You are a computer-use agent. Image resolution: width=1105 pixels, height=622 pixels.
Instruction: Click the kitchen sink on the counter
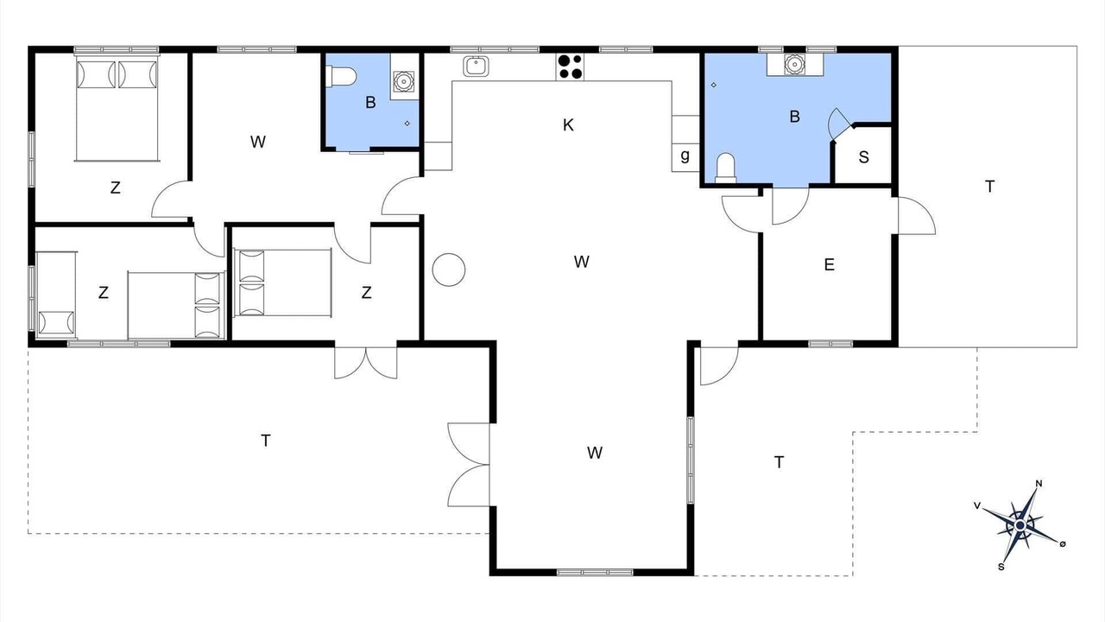click(x=476, y=67)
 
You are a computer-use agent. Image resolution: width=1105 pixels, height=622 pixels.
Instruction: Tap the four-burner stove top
click(x=570, y=67)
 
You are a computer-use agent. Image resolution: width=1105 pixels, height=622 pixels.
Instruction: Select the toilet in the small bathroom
click(x=341, y=76)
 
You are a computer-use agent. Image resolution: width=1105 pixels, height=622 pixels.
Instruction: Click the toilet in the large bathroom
click(x=726, y=168)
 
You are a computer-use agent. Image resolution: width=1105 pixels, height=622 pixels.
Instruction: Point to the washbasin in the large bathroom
click(x=795, y=64)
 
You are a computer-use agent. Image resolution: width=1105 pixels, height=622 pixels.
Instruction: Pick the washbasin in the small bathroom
click(x=404, y=81)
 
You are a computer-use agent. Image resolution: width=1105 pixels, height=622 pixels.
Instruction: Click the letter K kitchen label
click(x=568, y=125)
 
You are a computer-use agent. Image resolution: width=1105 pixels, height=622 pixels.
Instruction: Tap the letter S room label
click(x=863, y=157)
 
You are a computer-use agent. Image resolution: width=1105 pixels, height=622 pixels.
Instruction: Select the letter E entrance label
click(x=830, y=264)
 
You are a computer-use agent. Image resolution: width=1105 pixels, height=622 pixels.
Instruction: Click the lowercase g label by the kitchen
click(x=685, y=155)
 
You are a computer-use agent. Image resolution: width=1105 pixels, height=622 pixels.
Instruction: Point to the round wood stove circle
click(x=449, y=270)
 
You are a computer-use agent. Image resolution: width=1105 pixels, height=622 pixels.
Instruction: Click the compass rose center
click(x=1020, y=526)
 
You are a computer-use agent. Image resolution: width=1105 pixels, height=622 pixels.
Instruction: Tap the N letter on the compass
click(x=1039, y=483)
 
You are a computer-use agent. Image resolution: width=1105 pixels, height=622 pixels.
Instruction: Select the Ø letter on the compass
click(x=1063, y=543)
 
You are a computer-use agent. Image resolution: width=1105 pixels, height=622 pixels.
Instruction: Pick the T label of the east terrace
click(x=989, y=187)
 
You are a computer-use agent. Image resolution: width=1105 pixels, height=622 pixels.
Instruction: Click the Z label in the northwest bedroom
click(x=115, y=187)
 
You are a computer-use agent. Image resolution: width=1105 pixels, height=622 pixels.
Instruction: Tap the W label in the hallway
click(x=257, y=143)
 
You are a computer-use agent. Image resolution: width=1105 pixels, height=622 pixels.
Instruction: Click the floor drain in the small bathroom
click(x=407, y=124)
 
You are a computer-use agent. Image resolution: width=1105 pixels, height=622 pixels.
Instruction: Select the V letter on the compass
click(x=976, y=505)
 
